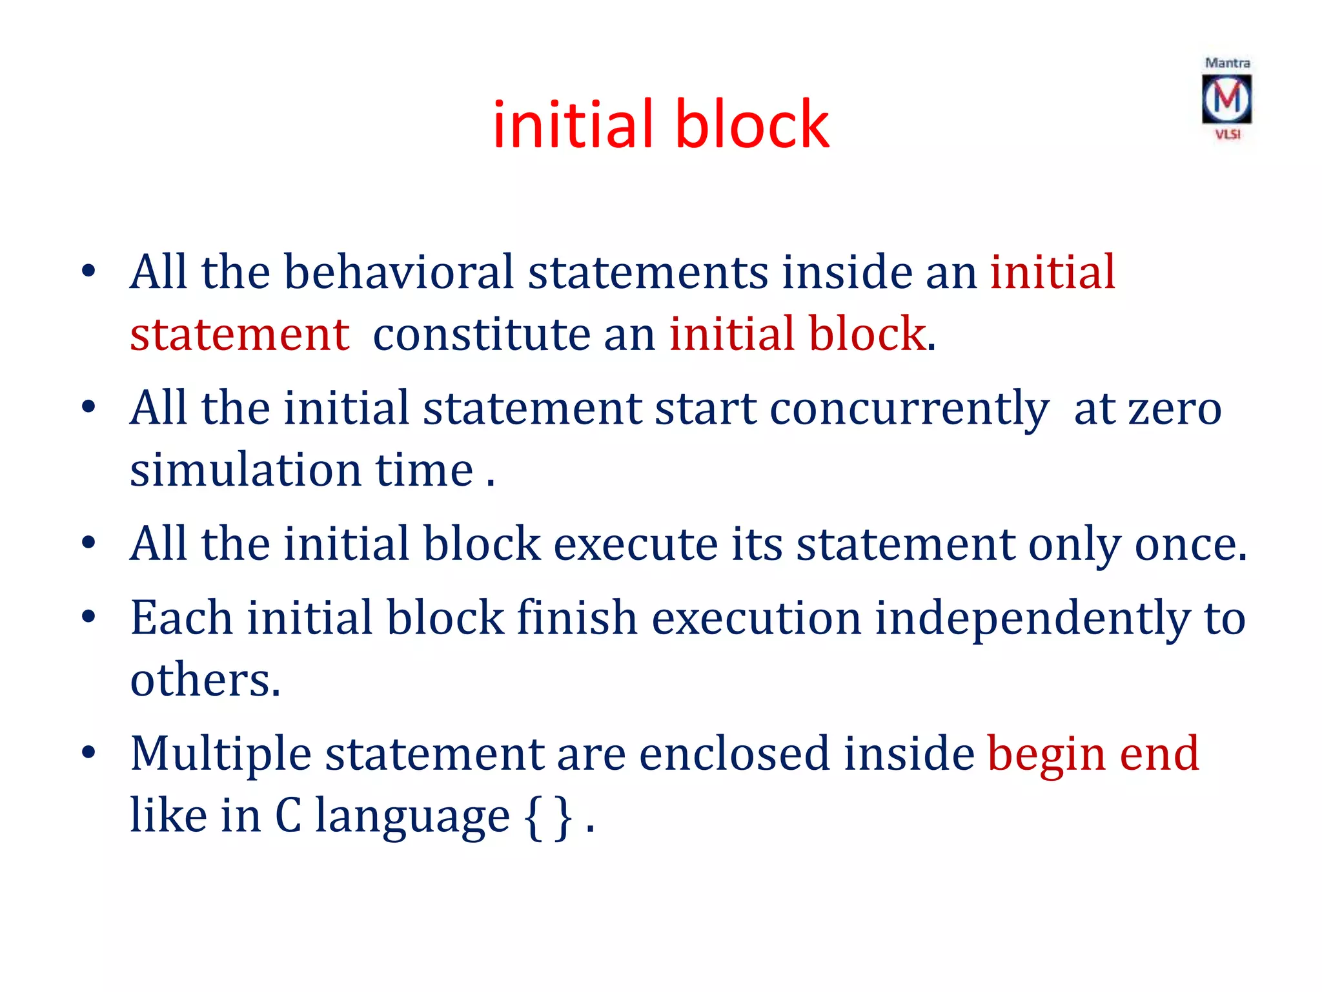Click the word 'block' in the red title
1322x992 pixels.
[752, 124]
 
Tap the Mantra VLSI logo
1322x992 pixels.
[1226, 99]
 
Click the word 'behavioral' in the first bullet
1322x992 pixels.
[398, 272]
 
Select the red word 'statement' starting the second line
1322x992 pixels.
[239, 335]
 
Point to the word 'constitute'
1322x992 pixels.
[482, 335]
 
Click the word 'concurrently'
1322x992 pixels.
[909, 409]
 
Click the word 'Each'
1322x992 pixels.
[181, 618]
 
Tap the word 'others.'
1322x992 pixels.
[205, 680]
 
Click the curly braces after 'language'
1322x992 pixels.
[548, 816]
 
